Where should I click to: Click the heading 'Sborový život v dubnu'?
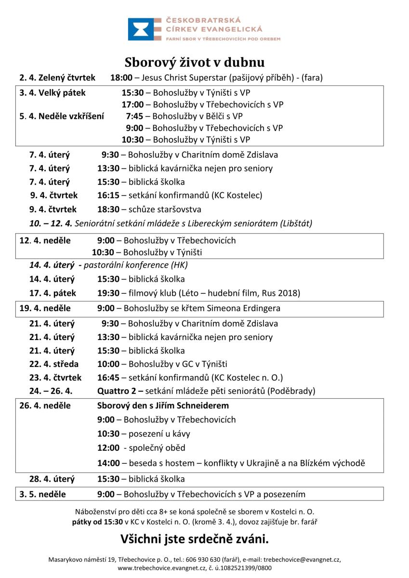pos(195,63)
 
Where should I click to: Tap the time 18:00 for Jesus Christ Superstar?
pos(120,78)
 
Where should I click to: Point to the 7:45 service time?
pos(134,116)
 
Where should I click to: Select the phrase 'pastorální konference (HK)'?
pos(136,265)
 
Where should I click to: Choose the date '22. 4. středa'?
pos(54,364)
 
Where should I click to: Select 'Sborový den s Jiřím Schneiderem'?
pos(163,406)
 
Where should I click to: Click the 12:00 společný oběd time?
pos(108,448)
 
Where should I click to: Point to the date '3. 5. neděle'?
pos(43,494)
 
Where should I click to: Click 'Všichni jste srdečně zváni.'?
pos(195,538)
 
